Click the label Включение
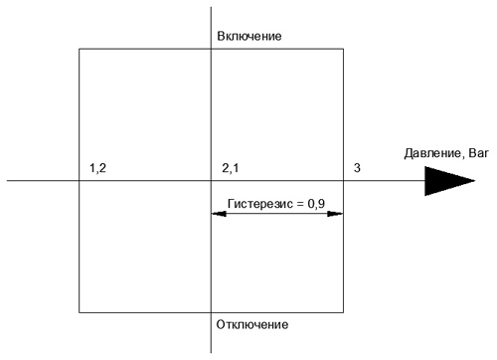(x=249, y=36)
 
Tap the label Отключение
(x=252, y=324)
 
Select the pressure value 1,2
(x=97, y=168)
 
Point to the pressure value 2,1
(x=231, y=168)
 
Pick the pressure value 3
(x=357, y=168)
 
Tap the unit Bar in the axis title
(x=479, y=153)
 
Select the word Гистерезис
(x=260, y=204)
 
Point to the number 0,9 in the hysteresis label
(x=316, y=204)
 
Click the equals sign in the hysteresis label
(x=300, y=204)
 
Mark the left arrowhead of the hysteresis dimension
(x=219, y=214)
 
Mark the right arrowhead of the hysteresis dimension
(x=335, y=214)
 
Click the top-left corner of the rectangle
(x=80, y=49)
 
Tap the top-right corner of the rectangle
(x=343, y=49)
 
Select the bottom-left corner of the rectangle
(x=80, y=312)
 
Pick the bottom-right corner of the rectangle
(x=343, y=312)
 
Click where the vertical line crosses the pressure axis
(x=211, y=181)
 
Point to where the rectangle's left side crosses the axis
(x=80, y=181)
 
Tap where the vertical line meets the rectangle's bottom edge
(x=211, y=312)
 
